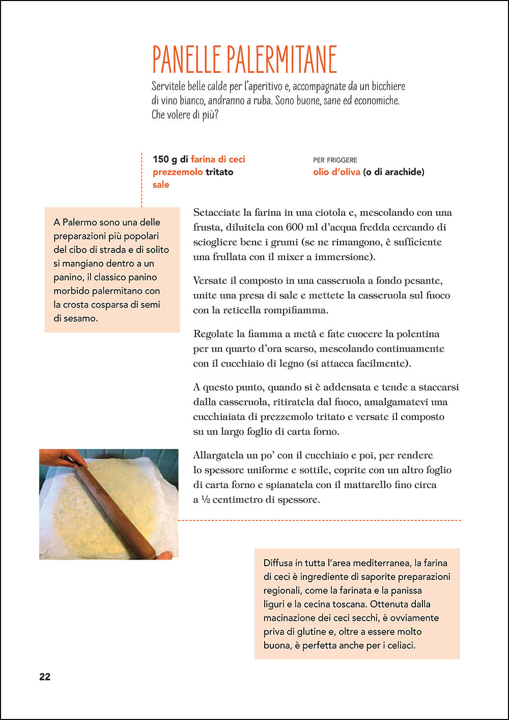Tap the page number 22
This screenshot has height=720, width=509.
pos(45,677)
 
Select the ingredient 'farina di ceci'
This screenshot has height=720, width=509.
pos(218,159)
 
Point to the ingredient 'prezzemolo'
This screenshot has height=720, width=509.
pos(178,172)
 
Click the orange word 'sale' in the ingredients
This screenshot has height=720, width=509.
pos(161,185)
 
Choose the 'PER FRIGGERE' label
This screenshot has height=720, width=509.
pos(335,160)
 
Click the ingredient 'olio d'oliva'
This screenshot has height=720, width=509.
pos(336,172)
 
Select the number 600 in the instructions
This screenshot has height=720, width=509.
pos(295,227)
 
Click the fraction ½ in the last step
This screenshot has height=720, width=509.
pos(205,500)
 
